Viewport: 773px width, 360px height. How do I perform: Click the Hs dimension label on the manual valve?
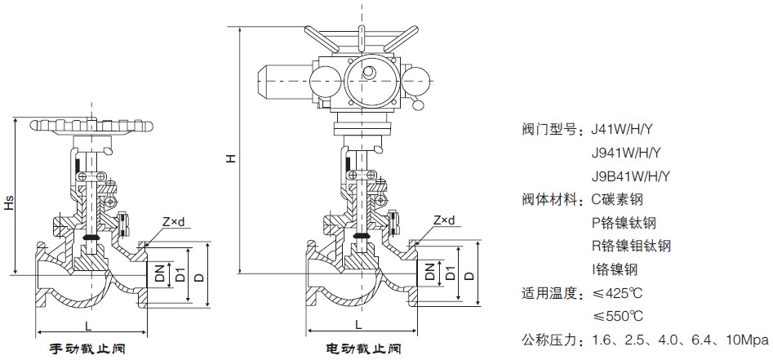click(x=8, y=204)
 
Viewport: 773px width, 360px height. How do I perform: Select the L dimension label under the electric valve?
click(x=360, y=325)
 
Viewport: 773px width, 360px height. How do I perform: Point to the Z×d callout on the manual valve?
click(x=174, y=220)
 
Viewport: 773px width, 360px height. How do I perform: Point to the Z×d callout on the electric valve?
click(x=445, y=220)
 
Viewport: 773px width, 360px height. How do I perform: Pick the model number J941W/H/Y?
click(x=625, y=153)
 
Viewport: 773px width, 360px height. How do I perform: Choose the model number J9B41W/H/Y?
click(x=630, y=176)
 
